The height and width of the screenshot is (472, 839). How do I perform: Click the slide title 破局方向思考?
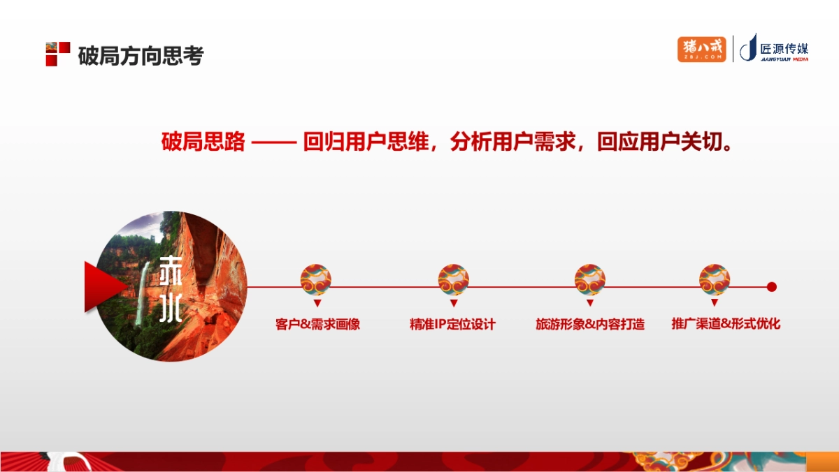pyautogui.click(x=141, y=55)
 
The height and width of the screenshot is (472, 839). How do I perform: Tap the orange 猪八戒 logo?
pyautogui.click(x=701, y=49)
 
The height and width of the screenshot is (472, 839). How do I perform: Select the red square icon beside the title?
pyautogui.click(x=57, y=54)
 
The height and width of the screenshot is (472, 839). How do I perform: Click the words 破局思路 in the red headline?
pyautogui.click(x=203, y=142)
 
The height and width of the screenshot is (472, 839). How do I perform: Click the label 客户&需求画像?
pyautogui.click(x=317, y=324)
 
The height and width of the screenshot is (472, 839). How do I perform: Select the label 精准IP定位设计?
pyautogui.click(x=452, y=324)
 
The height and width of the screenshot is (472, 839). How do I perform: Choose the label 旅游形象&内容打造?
pyautogui.click(x=589, y=324)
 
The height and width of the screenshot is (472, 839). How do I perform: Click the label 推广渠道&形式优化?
pyautogui.click(x=725, y=324)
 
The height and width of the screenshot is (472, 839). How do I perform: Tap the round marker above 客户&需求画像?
pyautogui.click(x=316, y=279)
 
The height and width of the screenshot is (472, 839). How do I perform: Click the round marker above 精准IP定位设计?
pyautogui.click(x=453, y=279)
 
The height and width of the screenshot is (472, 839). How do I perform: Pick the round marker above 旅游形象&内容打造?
pyautogui.click(x=589, y=279)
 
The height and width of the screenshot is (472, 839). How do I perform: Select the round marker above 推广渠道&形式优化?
pyautogui.click(x=715, y=279)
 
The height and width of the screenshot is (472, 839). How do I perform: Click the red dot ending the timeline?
pyautogui.click(x=772, y=286)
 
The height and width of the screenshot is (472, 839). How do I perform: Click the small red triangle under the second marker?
pyautogui.click(x=454, y=304)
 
